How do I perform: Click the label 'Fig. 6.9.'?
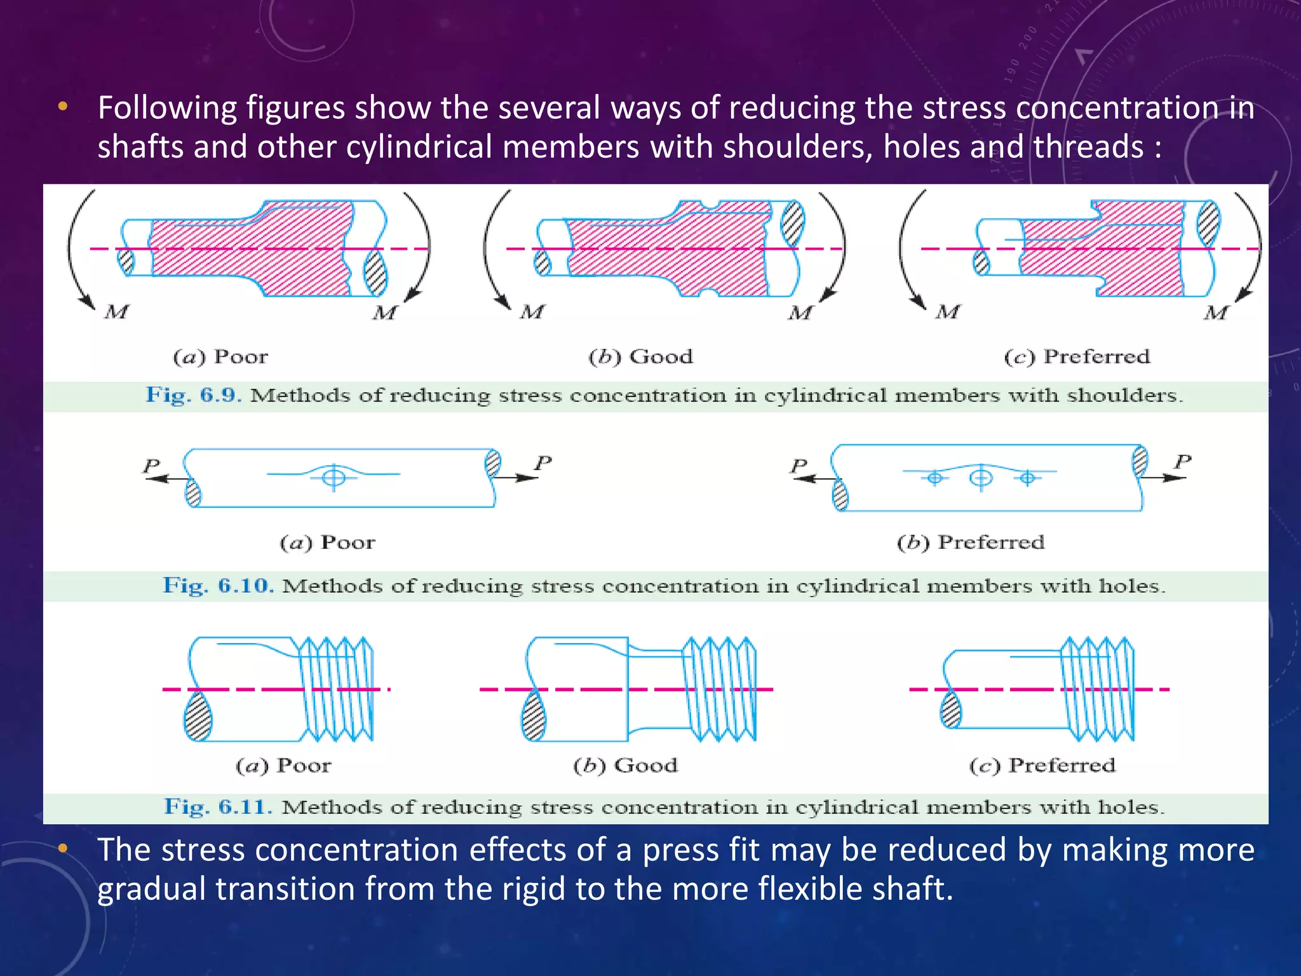pyautogui.click(x=193, y=395)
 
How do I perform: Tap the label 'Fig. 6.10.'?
pyautogui.click(x=218, y=586)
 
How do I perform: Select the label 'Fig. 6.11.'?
pyautogui.click(x=218, y=807)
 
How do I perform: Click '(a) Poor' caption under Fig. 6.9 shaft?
pyautogui.click(x=220, y=357)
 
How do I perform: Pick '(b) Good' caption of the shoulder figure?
pyautogui.click(x=640, y=357)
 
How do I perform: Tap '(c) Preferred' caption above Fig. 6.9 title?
pyautogui.click(x=1077, y=357)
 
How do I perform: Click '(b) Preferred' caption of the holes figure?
pyautogui.click(x=970, y=543)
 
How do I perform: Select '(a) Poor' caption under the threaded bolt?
pyautogui.click(x=283, y=766)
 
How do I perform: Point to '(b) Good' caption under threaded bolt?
pyautogui.click(x=625, y=766)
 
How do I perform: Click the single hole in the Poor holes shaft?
pyautogui.click(x=334, y=477)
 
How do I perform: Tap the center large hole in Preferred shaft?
pyautogui.click(x=981, y=477)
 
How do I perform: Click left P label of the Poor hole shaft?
pyautogui.click(x=151, y=466)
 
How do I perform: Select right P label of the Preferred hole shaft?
pyautogui.click(x=1182, y=461)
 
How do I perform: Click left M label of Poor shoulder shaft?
pyautogui.click(x=117, y=312)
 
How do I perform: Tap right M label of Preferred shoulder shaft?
pyautogui.click(x=1216, y=313)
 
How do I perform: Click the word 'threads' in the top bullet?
pyautogui.click(x=1088, y=147)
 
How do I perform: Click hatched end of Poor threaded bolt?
pyautogui.click(x=198, y=716)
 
